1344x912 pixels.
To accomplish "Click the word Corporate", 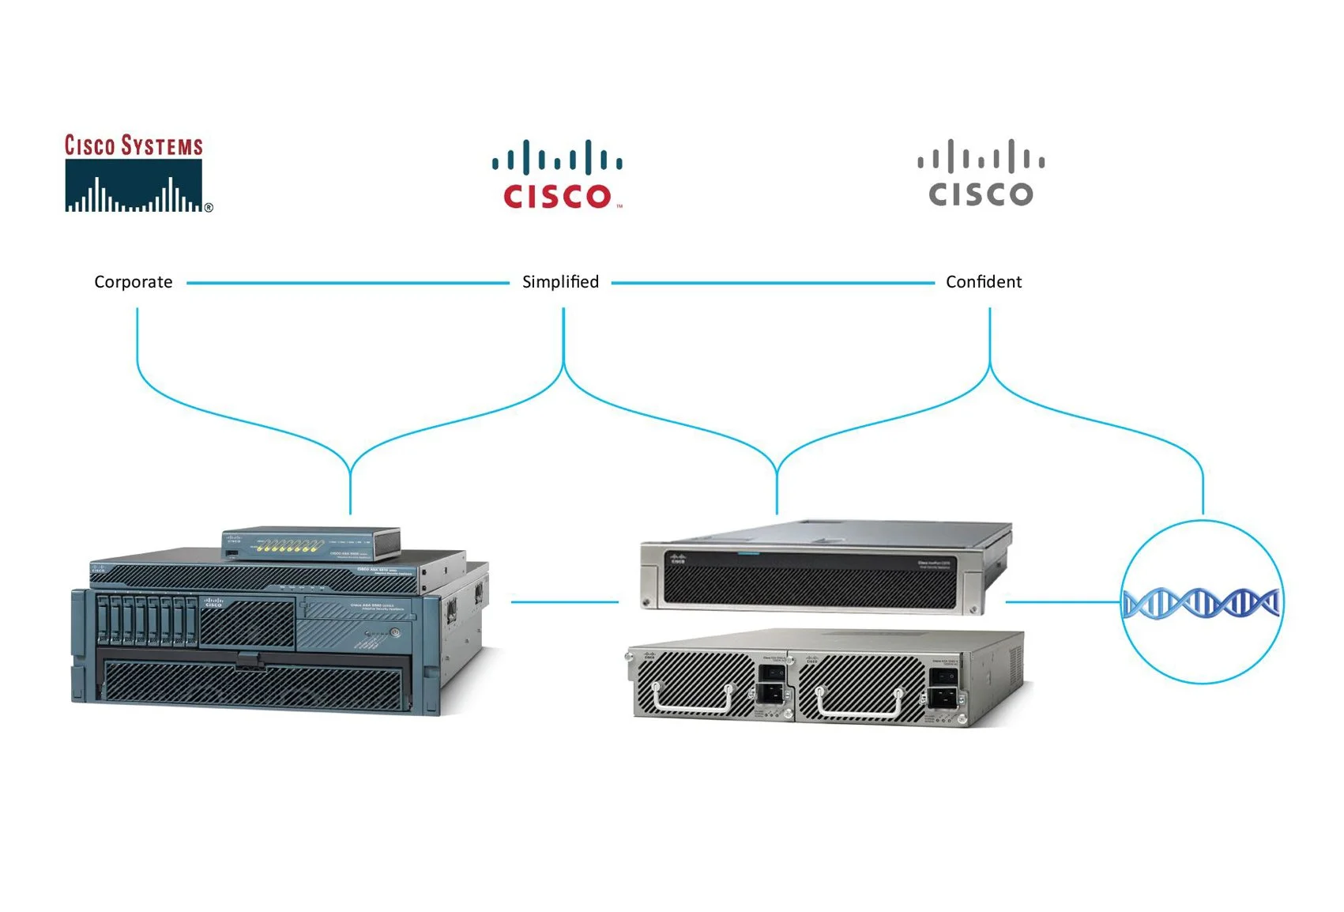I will (133, 282).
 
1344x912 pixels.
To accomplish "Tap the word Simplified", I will (560, 282).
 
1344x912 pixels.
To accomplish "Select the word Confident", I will (983, 282).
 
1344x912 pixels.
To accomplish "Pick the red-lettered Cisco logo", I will (558, 175).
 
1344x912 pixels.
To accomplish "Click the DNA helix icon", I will (1201, 604).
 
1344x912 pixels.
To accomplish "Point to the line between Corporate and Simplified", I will (348, 282).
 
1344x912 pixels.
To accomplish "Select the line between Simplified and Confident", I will (772, 282).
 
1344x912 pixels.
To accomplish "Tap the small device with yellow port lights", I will (311, 543).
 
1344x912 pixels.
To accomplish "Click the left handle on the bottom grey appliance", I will (693, 701).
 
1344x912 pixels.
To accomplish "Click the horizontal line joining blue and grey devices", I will (564, 602).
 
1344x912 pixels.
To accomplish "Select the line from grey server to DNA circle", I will (1063, 602).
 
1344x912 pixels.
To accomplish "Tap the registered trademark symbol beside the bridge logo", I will (209, 208).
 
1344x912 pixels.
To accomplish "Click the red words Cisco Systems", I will (134, 146).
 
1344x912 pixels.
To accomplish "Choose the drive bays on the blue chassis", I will (147, 621).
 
